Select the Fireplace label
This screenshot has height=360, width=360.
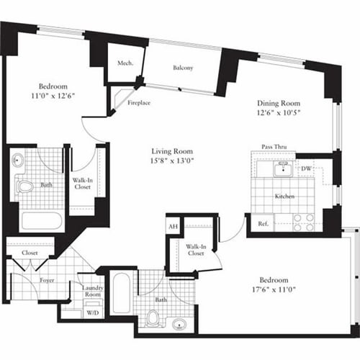point(139,103)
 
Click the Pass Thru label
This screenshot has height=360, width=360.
point(274,147)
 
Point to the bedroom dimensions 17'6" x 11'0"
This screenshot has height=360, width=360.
point(274,290)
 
